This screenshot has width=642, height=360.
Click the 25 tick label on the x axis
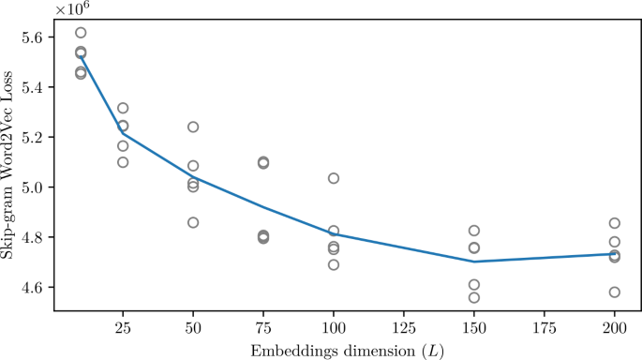coord(122,330)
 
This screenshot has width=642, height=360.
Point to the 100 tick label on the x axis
coord(333,330)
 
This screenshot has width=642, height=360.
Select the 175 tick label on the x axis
coord(544,330)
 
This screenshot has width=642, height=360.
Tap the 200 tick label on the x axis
coord(614,330)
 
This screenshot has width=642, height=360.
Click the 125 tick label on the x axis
coord(403,330)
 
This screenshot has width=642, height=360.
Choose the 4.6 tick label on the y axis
coord(32,287)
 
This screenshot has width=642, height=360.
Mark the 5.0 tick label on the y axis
coord(32,187)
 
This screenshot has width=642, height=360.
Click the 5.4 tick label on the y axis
coord(32,87)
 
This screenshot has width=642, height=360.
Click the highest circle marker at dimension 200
coord(614,223)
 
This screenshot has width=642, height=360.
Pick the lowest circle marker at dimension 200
coord(614,292)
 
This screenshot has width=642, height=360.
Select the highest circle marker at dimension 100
coord(333,178)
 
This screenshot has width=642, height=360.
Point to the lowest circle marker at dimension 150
coord(474,297)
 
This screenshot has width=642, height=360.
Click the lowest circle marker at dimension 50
coord(192,223)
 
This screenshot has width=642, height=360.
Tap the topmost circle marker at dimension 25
coord(123,109)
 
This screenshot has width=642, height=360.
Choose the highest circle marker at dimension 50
coord(192,127)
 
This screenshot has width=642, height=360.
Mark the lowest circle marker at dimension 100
coord(333,265)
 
